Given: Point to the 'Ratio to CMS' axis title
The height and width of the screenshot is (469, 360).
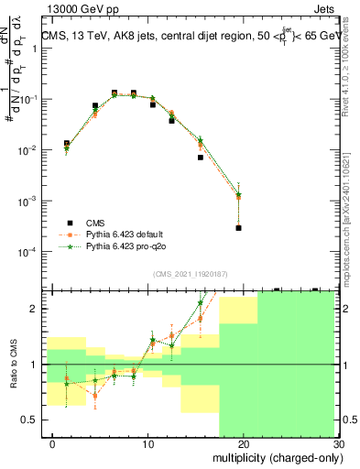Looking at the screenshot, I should pos(12,365).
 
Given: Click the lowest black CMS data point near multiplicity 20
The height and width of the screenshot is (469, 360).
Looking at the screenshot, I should pos(238,228).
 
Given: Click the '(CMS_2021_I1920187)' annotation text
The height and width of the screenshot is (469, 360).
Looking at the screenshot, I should pos(191,273).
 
